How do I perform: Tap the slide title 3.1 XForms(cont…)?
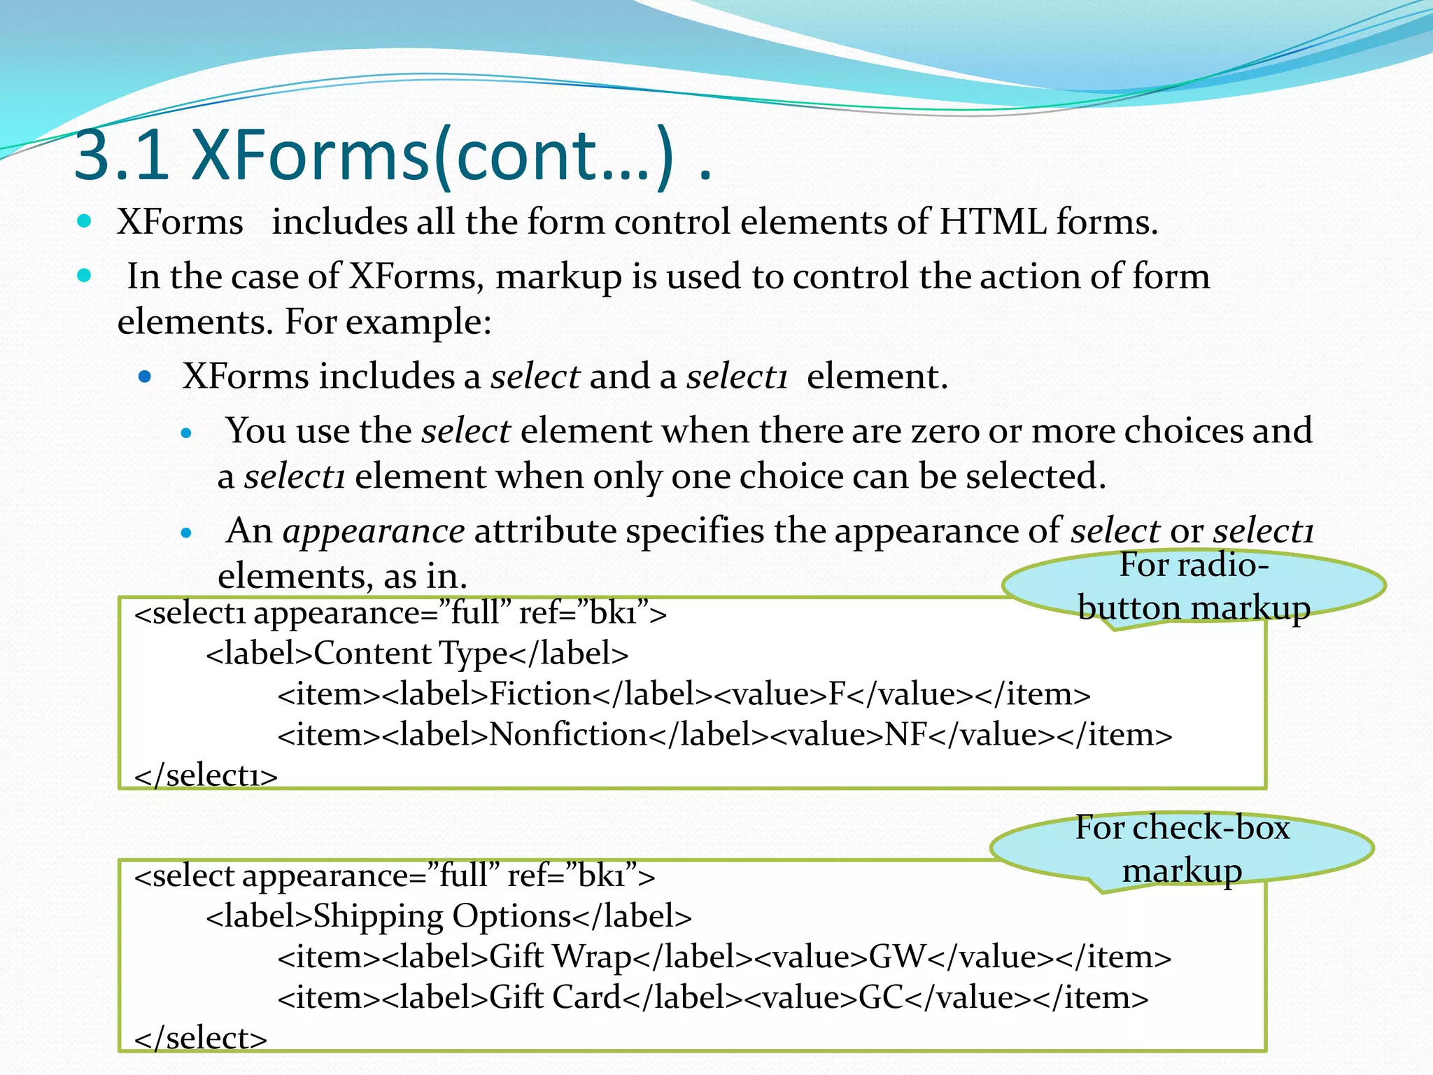pyautogui.click(x=392, y=155)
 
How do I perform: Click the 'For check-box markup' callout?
pyautogui.click(x=1182, y=849)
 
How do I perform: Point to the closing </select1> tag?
pyautogui.click(x=206, y=775)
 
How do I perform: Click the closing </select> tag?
pyautogui.click(x=201, y=1038)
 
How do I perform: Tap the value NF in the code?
pyautogui.click(x=906, y=735)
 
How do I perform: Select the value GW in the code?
pyautogui.click(x=897, y=957)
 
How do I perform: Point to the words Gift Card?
pyautogui.click(x=554, y=997)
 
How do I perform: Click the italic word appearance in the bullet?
pyautogui.click(x=373, y=531)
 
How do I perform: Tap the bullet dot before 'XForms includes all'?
pyautogui.click(x=85, y=222)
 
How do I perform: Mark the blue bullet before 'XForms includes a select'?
pyautogui.click(x=145, y=377)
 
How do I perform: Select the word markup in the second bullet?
pyautogui.click(x=558, y=276)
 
